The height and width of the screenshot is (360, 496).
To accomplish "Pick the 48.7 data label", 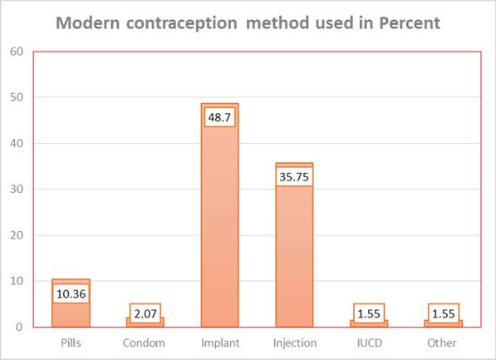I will click(219, 117).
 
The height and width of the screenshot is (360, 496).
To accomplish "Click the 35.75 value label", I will click(294, 176).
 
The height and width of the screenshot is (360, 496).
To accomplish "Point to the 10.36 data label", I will click(71, 293).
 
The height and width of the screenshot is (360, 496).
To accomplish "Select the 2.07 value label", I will click(145, 313).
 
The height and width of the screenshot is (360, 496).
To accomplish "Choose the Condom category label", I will click(145, 343).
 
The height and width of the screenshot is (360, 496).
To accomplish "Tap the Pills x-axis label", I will click(71, 343).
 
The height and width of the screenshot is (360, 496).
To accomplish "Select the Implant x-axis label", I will click(219, 343).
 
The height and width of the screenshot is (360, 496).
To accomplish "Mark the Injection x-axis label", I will click(294, 343).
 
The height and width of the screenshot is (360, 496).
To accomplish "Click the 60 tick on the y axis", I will click(17, 52).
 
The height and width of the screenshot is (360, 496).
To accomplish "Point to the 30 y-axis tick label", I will click(17, 189).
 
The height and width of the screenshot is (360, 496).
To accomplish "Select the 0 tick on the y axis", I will click(19, 327).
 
